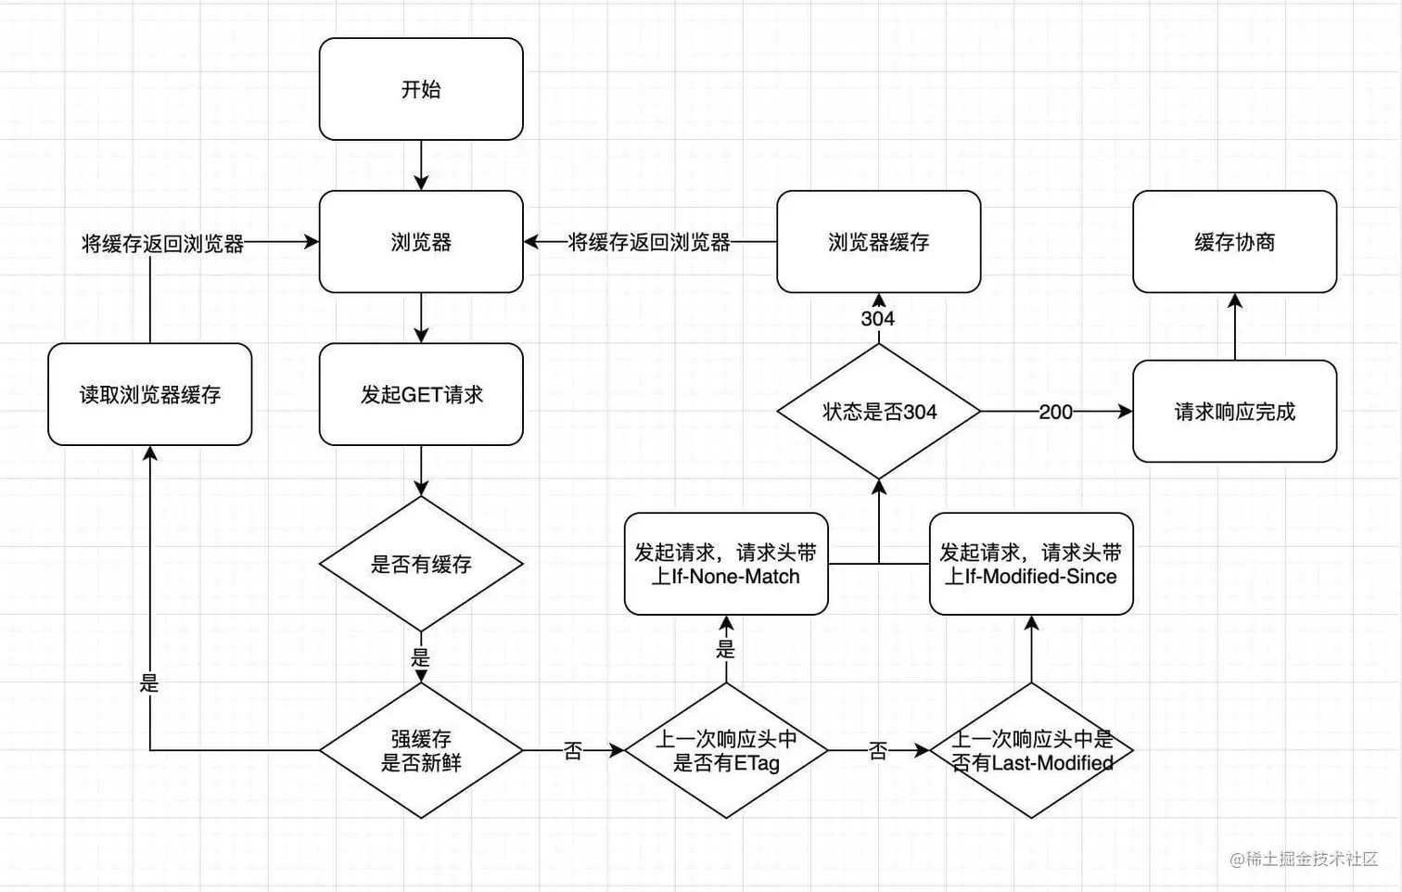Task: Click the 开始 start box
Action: (421, 89)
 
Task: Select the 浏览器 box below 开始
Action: (421, 242)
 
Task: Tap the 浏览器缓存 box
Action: (878, 242)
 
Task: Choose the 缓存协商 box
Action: (1234, 242)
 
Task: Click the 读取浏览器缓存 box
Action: (149, 394)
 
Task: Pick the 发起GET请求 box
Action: (421, 394)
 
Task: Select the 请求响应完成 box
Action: (1234, 411)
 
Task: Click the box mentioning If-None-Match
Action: (726, 564)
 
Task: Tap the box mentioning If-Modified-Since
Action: (1031, 564)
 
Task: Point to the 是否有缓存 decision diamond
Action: (421, 564)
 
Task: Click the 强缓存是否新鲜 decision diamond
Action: (421, 750)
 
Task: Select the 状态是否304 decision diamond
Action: (878, 411)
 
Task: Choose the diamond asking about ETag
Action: (726, 750)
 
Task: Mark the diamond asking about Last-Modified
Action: (1031, 750)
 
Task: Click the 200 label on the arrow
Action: (1055, 412)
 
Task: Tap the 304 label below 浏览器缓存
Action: (877, 319)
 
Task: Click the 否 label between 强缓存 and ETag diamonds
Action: (573, 751)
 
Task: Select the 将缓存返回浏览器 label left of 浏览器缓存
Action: (649, 243)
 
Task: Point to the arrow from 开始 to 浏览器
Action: (421, 167)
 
